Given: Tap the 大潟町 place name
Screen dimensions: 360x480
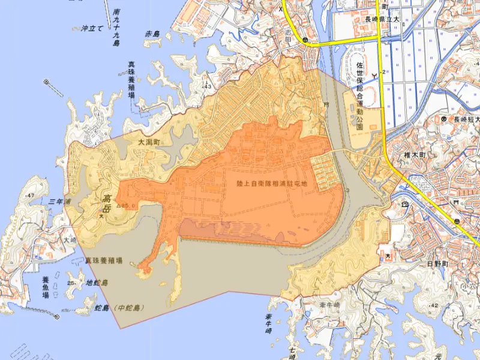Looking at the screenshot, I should pyautogui.click(x=149, y=143).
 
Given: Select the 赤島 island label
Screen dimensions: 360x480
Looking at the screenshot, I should pyautogui.click(x=153, y=35).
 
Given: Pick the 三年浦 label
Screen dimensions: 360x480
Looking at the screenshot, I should pyautogui.click(x=60, y=202).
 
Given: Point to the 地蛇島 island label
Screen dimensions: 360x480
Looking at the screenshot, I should pyautogui.click(x=96, y=283).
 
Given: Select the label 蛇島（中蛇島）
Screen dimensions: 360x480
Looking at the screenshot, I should pyautogui.click(x=121, y=308).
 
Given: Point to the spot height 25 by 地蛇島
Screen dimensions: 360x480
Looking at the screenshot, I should pyautogui.click(x=71, y=283).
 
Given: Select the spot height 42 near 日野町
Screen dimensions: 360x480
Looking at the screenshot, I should pyautogui.click(x=434, y=305).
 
